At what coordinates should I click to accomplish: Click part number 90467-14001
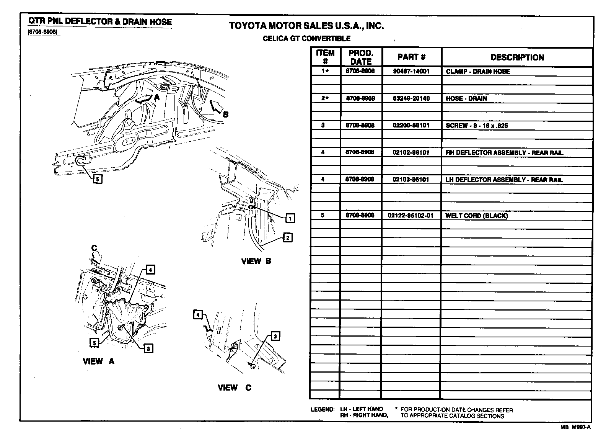(x=411, y=71)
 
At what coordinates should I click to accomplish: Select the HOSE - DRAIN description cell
(x=466, y=98)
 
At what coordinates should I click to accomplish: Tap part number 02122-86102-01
(x=411, y=216)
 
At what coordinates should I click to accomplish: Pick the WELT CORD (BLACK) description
(x=476, y=216)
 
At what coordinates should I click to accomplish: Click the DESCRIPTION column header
(x=517, y=57)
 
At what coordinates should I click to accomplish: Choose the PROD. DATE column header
(x=361, y=57)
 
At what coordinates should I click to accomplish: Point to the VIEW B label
(x=256, y=261)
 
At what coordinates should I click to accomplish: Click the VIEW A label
(x=98, y=361)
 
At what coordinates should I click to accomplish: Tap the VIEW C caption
(x=234, y=388)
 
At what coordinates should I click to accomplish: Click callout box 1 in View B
(x=290, y=218)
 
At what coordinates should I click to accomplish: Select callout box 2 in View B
(x=288, y=237)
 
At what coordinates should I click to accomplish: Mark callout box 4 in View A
(x=150, y=270)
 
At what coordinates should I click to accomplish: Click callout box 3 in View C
(x=275, y=336)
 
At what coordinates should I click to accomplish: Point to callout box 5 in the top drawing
(x=98, y=178)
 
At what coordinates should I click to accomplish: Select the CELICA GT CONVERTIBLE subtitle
(x=306, y=38)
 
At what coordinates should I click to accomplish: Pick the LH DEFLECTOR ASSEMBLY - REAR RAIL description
(x=504, y=180)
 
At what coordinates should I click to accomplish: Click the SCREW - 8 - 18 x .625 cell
(x=477, y=126)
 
